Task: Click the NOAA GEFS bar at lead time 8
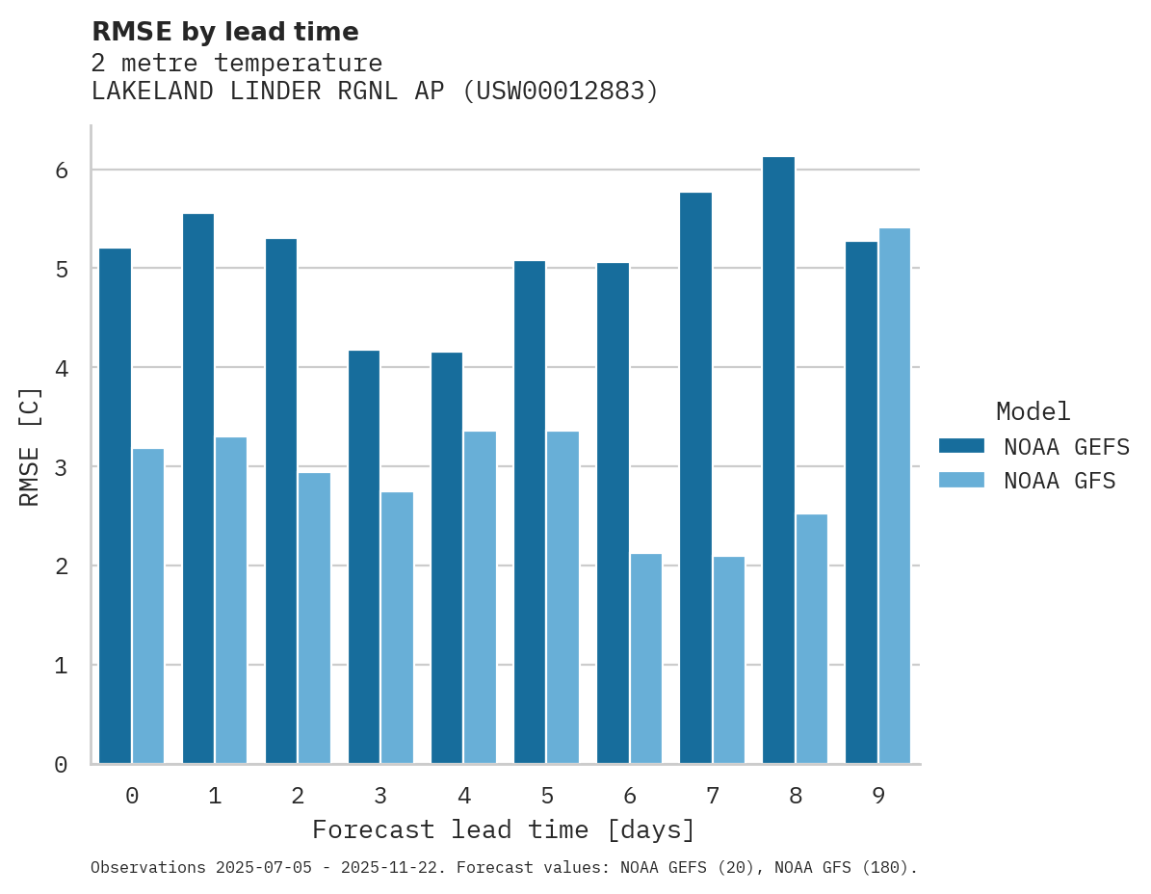[x=778, y=460]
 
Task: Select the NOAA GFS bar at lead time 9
[x=894, y=496]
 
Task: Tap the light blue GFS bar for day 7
[x=728, y=660]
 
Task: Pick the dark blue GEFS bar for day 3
[x=364, y=557]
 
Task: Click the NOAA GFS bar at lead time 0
[x=148, y=606]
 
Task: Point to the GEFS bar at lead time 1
[x=197, y=488]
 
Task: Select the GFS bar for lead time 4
[x=480, y=597]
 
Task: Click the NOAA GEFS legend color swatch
[x=961, y=446]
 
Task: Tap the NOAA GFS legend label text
[x=1059, y=481]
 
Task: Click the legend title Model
[x=1033, y=411]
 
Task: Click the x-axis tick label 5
[x=547, y=797]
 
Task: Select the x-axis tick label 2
[x=298, y=797]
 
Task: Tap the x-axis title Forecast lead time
[x=503, y=829]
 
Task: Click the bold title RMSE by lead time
[x=224, y=32]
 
